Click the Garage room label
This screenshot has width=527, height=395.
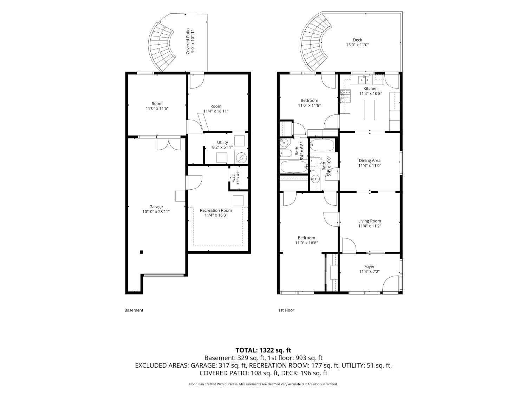pyautogui.click(x=156, y=207)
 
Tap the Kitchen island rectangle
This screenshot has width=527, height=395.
pyautogui.click(x=369, y=110)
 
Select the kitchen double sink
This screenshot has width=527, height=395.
pyautogui.click(x=364, y=80)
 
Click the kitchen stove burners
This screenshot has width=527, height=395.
pyautogui.click(x=345, y=96)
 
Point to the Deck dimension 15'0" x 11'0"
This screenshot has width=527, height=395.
pyautogui.click(x=357, y=45)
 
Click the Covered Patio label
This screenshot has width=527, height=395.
pyautogui.click(x=188, y=41)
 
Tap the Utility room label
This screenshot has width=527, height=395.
pyautogui.click(x=222, y=143)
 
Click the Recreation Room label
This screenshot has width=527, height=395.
pyautogui.click(x=216, y=210)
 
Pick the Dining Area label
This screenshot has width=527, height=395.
pyautogui.click(x=370, y=161)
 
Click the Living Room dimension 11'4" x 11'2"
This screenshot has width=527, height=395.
pyautogui.click(x=370, y=226)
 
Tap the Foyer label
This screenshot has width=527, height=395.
pyautogui.click(x=369, y=266)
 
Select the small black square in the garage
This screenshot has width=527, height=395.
pyautogui.click(x=142, y=252)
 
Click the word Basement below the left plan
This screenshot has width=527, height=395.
pyautogui.click(x=134, y=310)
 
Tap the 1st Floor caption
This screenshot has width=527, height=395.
pyautogui.click(x=286, y=310)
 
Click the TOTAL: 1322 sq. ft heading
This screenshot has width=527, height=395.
pyautogui.click(x=263, y=350)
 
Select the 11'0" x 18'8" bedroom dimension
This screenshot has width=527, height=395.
pyautogui.click(x=306, y=243)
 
